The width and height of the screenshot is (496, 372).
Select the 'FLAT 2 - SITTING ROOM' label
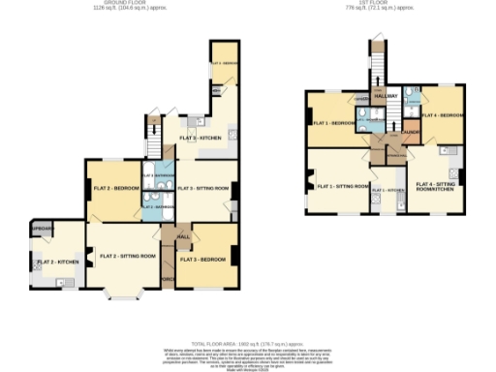127,256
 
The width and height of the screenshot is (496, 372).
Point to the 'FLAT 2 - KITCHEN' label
56,263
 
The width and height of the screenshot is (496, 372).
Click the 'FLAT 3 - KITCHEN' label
201,139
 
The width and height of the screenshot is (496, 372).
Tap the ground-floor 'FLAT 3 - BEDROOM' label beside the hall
204,260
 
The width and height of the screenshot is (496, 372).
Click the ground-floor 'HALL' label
182,235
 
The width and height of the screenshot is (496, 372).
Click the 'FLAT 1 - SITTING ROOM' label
343,185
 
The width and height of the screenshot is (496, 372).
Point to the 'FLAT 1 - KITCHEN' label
388,189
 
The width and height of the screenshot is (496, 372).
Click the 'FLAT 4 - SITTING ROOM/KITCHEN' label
435,186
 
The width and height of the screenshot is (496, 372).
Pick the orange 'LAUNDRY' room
411,133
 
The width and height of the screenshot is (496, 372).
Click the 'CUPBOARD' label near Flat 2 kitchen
41,228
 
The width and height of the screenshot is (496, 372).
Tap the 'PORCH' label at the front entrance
167,281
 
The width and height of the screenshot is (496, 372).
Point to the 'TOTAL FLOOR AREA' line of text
248,343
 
